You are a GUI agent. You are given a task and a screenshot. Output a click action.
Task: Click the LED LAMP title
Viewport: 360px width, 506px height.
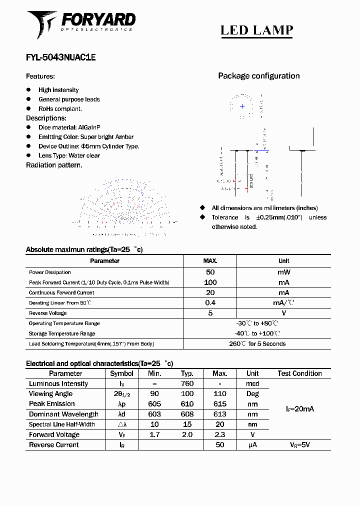256,30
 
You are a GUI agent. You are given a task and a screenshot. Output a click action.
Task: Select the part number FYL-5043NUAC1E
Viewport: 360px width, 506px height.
60,57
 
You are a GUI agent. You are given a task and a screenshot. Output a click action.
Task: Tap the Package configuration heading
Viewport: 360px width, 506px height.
258,76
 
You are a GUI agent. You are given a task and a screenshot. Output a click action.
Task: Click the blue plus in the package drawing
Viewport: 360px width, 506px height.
242,106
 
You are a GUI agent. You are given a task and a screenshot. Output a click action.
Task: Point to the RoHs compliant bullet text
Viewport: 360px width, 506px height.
60,108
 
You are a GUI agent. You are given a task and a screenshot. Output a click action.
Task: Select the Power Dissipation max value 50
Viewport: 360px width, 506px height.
210,272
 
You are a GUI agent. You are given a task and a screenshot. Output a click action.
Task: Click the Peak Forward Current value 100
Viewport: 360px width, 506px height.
210,282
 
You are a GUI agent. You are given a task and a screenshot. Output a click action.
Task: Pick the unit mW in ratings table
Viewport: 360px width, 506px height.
283,272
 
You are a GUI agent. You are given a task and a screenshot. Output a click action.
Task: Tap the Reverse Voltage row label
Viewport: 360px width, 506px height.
47,313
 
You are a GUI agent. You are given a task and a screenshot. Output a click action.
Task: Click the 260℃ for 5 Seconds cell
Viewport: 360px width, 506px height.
257,344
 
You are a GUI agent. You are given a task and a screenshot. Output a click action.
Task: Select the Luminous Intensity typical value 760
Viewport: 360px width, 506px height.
187,384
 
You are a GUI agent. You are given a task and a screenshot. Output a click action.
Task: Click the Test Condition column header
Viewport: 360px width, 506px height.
299,373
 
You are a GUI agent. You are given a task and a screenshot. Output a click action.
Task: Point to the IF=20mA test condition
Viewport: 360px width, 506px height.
299,409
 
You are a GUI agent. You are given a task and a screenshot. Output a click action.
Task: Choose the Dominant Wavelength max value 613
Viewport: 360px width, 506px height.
219,414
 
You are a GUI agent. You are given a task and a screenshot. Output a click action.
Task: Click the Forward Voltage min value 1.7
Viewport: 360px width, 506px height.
154,434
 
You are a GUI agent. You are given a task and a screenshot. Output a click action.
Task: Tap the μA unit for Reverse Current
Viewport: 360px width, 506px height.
252,444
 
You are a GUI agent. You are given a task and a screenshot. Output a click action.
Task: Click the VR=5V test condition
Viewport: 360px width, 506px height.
299,444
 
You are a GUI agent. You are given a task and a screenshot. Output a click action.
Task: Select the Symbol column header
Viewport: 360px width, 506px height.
121,373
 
